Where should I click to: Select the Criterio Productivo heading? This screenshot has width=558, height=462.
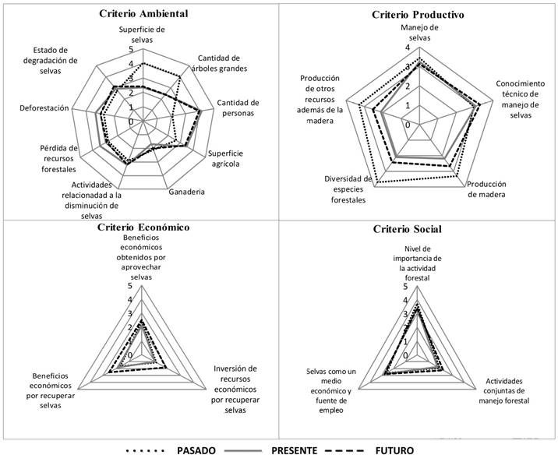tap(418, 15)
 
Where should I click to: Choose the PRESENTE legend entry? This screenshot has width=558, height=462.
tap(294, 450)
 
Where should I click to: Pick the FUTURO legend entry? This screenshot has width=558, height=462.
tap(394, 450)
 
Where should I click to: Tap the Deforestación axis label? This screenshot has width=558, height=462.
tap(44, 108)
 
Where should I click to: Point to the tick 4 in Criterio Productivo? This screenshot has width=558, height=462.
tap(407, 48)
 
